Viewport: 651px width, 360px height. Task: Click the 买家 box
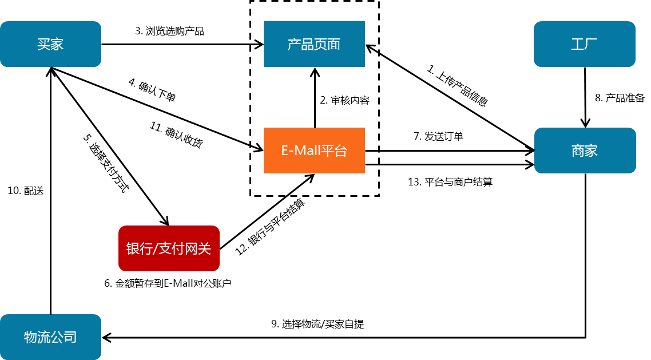(x=51, y=44)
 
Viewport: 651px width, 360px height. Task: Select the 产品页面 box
(x=314, y=44)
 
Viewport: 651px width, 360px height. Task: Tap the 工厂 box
(x=585, y=44)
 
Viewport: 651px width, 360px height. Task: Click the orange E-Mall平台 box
(x=314, y=151)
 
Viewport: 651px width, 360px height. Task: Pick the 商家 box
(x=585, y=151)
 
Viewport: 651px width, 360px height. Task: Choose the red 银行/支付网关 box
(x=169, y=248)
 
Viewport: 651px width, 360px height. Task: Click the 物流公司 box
(x=51, y=337)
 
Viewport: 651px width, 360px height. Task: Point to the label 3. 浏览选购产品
(x=169, y=31)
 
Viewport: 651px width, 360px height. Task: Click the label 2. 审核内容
(x=344, y=101)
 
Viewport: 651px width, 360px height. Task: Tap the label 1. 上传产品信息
(x=457, y=85)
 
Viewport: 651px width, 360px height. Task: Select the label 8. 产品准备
(x=620, y=98)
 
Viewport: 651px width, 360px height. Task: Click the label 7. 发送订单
(x=438, y=136)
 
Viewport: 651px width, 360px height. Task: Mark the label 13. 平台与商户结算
(x=450, y=182)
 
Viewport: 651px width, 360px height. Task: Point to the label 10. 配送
(x=25, y=191)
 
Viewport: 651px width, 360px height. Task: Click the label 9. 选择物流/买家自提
(x=317, y=324)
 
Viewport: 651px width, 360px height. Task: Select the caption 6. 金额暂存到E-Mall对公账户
(x=168, y=283)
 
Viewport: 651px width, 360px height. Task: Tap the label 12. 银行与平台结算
(x=270, y=227)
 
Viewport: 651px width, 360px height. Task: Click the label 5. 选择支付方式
(x=106, y=163)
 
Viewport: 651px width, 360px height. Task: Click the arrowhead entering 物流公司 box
(x=106, y=338)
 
